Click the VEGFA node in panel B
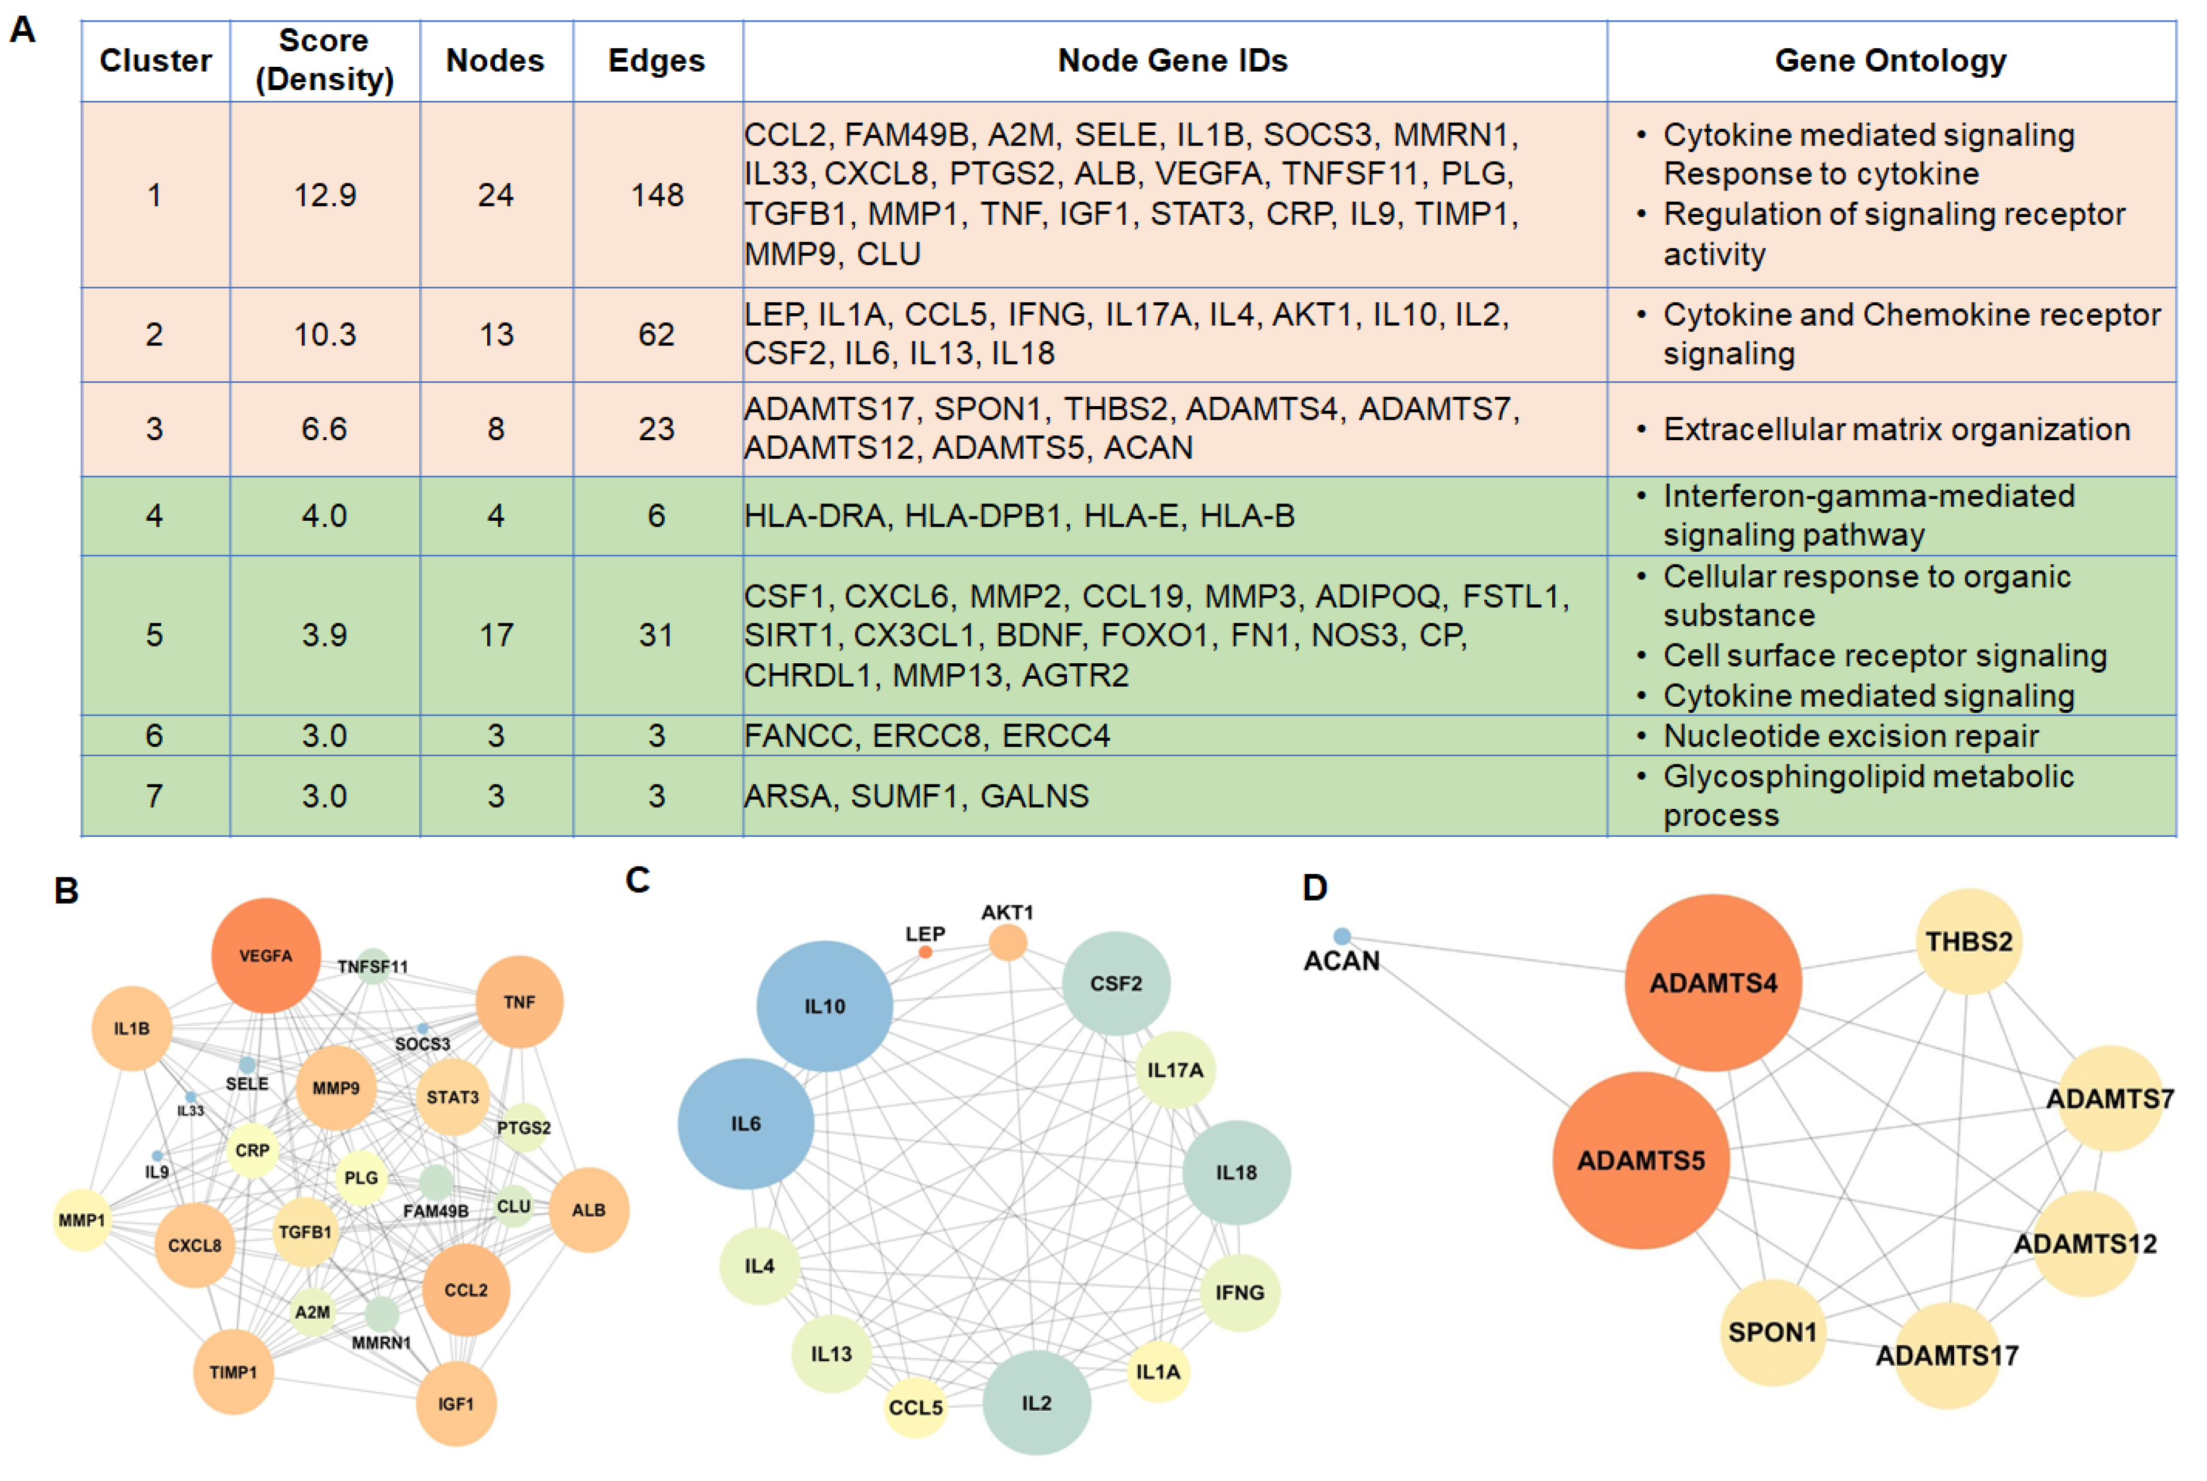[x=265, y=955]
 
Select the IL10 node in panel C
[x=825, y=1006]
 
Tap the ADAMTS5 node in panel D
[x=1640, y=1160]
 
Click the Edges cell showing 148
[x=657, y=194]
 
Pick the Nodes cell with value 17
[x=496, y=635]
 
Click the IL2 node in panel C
[x=1036, y=1403]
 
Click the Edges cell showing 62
[x=657, y=335]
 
